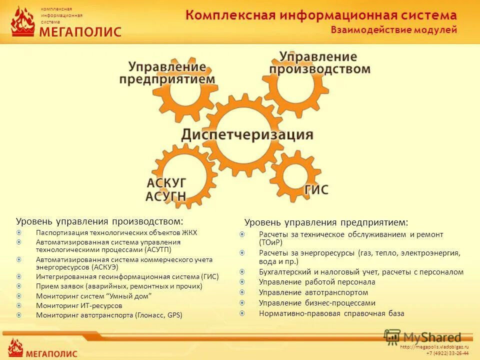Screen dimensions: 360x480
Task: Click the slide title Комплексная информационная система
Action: [320, 15]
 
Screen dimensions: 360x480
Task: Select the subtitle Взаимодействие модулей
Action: [393, 30]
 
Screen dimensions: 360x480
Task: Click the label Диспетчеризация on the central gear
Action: [247, 134]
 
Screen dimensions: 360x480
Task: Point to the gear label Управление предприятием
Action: [167, 73]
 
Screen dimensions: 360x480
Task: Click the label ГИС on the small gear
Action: [316, 190]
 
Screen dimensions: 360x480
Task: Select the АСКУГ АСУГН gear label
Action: [166, 188]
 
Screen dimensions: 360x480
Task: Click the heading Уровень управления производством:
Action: [99, 220]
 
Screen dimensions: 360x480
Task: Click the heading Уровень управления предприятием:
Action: [326, 221]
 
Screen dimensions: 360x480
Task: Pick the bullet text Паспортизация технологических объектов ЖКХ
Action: [116, 232]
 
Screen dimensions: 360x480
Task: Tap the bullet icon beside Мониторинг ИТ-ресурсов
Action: [19, 305]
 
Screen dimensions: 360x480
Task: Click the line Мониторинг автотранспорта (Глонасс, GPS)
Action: [109, 315]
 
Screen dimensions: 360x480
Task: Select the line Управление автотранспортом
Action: [313, 292]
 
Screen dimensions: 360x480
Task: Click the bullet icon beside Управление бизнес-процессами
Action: [242, 302]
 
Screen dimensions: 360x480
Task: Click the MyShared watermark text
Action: [432, 337]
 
